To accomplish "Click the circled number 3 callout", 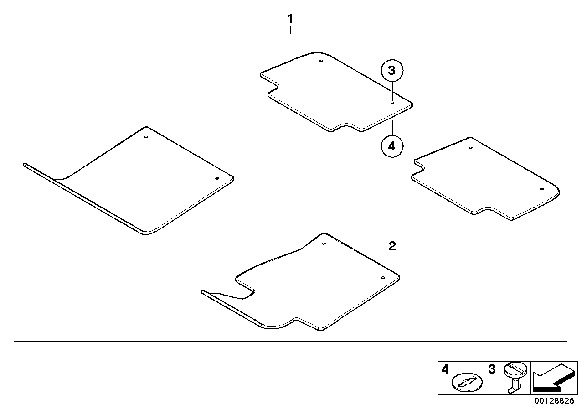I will click(392, 71).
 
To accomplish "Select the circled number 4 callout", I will click(392, 146).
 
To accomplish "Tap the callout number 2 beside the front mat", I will click(392, 246).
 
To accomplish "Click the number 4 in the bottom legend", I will click(445, 368).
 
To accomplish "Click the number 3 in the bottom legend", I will click(492, 368).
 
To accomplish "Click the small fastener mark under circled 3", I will click(392, 103).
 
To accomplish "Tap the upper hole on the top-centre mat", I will click(321, 61).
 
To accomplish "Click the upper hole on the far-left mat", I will click(146, 137).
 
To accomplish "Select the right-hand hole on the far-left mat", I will click(217, 178).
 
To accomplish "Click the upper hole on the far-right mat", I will click(470, 148).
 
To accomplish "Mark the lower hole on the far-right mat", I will click(541, 189).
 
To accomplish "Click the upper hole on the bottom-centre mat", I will click(323, 244).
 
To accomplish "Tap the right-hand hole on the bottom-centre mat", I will click(383, 277).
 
